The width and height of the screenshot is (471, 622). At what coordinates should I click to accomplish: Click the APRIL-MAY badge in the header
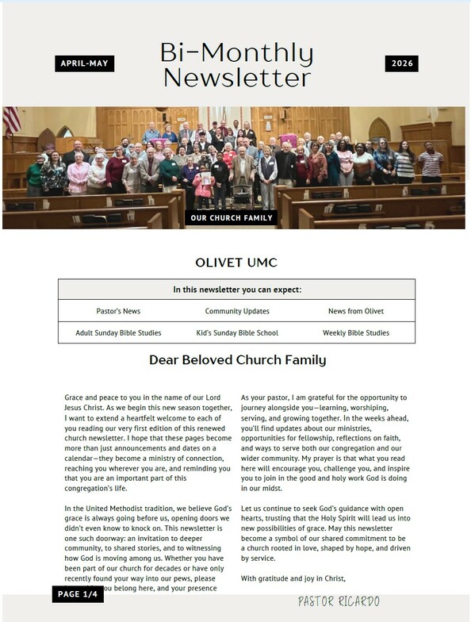click(x=85, y=63)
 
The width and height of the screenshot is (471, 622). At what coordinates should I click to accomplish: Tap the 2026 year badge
click(x=401, y=63)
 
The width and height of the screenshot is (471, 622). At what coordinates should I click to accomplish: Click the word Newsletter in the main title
click(x=236, y=78)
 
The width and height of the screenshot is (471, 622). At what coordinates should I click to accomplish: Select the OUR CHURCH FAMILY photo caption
click(x=232, y=217)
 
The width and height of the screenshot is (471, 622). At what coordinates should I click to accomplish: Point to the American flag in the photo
click(x=12, y=120)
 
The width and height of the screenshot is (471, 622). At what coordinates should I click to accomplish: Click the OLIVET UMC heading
click(x=235, y=263)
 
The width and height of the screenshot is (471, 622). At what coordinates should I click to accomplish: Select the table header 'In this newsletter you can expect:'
click(x=236, y=290)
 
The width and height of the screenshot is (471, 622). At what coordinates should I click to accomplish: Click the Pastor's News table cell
click(x=118, y=311)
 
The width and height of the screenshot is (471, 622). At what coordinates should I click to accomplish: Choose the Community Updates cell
click(x=237, y=311)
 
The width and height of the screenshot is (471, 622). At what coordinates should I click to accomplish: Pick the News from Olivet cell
click(x=356, y=311)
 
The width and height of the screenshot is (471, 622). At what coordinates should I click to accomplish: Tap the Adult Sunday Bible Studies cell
click(x=118, y=333)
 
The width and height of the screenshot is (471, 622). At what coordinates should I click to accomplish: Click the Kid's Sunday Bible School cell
click(x=237, y=333)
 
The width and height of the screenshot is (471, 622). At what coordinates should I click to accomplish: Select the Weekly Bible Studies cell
click(x=356, y=333)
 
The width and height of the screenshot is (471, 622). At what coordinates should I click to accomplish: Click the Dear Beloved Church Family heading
click(x=237, y=360)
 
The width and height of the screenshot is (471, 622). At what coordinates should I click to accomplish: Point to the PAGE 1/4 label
click(x=78, y=594)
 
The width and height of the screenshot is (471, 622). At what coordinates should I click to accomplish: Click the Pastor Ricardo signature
click(x=339, y=601)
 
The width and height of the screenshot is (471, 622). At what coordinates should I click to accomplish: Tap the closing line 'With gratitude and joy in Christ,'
click(x=293, y=578)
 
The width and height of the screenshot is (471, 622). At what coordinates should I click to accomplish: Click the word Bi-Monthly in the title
click(x=236, y=52)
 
